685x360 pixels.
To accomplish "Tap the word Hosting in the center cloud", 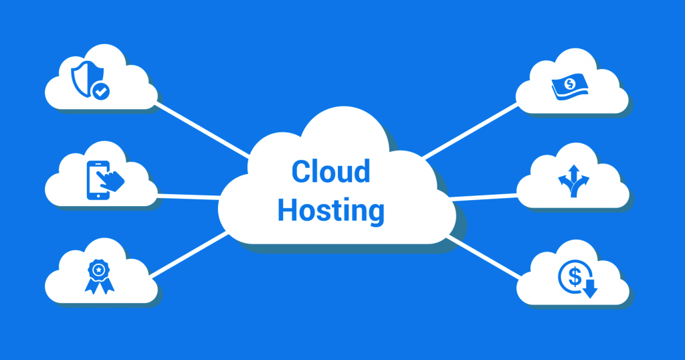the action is click(x=330, y=211).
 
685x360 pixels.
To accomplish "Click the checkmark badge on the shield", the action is click(x=101, y=91).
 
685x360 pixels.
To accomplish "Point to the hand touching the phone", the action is click(x=111, y=180).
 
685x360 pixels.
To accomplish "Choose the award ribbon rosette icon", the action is click(x=99, y=276).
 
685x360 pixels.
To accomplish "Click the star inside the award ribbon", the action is click(x=99, y=270).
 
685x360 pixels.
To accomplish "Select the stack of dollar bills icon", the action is click(x=569, y=86).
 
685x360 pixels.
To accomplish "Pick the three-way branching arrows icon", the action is click(x=573, y=181).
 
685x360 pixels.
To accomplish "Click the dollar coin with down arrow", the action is click(x=577, y=279).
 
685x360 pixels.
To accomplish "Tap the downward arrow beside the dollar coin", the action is click(x=590, y=289).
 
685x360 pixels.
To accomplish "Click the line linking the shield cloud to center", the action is click(x=203, y=130).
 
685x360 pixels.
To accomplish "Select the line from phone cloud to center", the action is click(x=188, y=197).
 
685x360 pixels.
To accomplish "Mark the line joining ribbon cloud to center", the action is click(x=189, y=255).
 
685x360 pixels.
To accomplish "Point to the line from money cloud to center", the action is click(x=470, y=130).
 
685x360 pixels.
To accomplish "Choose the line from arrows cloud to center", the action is click(x=483, y=197).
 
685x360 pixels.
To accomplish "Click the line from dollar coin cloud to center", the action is click(x=484, y=257).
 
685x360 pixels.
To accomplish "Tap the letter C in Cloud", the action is click(x=300, y=171).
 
